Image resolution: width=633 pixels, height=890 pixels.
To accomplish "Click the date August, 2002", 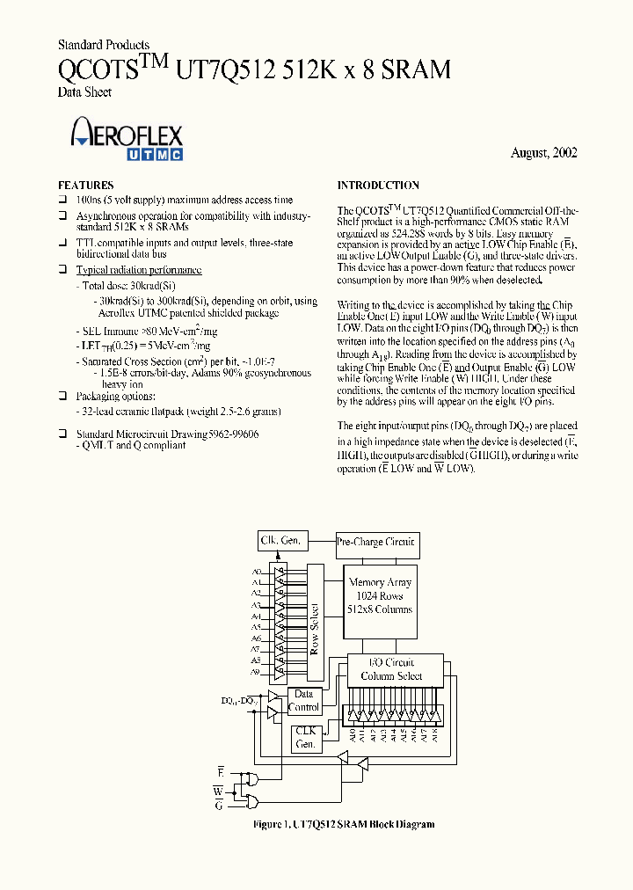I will (x=543, y=153).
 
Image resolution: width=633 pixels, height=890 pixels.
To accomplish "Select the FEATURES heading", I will (x=85, y=186).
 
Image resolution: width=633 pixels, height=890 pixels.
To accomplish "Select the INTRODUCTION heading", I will (x=378, y=186).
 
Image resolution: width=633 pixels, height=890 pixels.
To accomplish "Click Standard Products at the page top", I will (x=103, y=45).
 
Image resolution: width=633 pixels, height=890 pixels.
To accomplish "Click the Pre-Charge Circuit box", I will (x=375, y=542).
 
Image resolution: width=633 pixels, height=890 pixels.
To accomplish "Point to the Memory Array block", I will (x=380, y=596).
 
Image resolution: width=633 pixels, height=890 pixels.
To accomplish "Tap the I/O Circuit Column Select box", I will (x=391, y=669).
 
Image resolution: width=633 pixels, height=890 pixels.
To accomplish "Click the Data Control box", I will (x=304, y=701).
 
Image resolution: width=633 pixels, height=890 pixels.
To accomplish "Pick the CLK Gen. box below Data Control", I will (x=304, y=737).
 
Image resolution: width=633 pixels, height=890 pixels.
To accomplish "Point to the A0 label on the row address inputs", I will (x=256, y=572).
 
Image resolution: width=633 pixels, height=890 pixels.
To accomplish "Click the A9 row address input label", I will (x=256, y=672).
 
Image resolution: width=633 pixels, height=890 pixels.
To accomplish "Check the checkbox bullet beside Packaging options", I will (x=62, y=397).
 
